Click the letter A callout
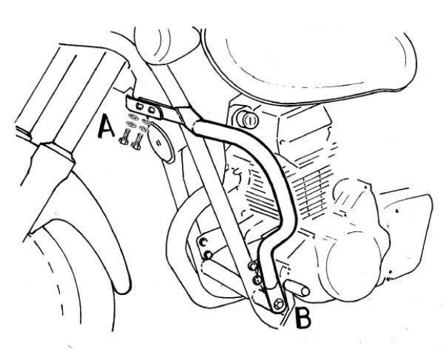(106, 126)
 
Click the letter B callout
(303, 318)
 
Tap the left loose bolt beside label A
(124, 137)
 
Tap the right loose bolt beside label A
(137, 141)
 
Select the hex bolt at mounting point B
(278, 304)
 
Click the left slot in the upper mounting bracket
(139, 106)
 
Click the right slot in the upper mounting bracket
(151, 109)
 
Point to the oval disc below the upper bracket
(161, 142)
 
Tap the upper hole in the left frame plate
(203, 242)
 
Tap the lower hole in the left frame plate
(208, 254)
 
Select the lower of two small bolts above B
(257, 280)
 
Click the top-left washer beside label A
(133, 116)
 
